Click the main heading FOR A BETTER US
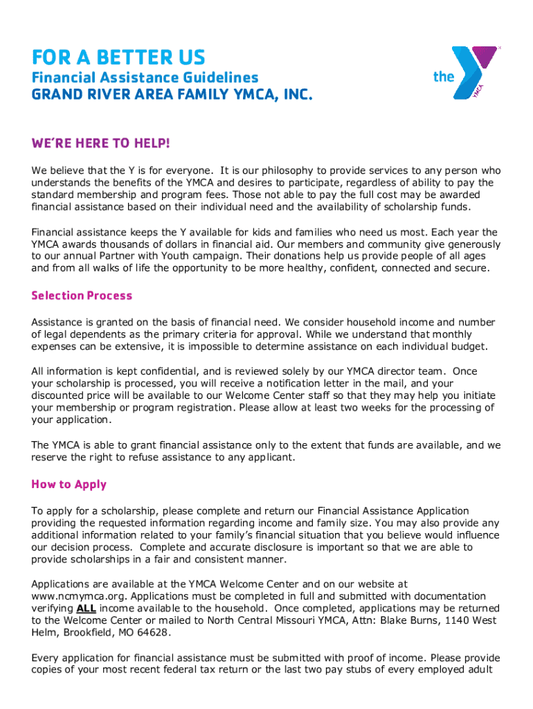[118, 57]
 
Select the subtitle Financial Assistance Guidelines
[145, 78]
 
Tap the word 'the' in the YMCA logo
[444, 77]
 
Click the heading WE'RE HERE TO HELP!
[100, 143]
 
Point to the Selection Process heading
[82, 296]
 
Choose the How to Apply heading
[69, 484]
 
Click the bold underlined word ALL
[86, 609]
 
